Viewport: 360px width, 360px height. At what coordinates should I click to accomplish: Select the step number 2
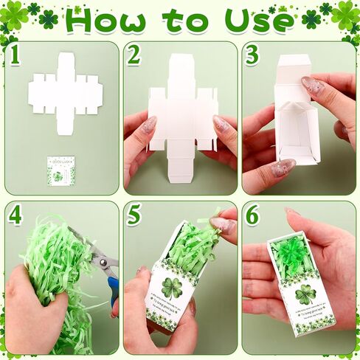pos(134,55)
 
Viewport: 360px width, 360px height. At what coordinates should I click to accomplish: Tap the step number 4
pos(14,215)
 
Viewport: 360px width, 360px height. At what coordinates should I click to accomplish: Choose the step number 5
pos(134,215)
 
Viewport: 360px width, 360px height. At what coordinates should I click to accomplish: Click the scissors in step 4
pos(103,266)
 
